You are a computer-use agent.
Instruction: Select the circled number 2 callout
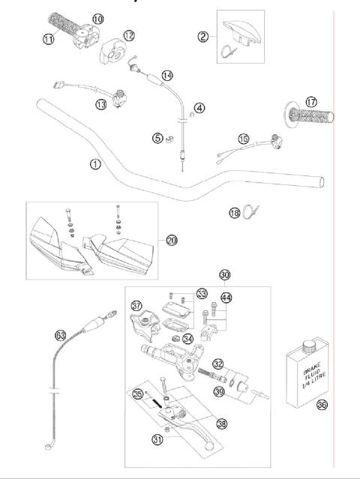point(202,36)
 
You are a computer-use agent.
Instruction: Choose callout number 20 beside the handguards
point(172,240)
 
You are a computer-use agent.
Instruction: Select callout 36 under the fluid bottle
point(322,405)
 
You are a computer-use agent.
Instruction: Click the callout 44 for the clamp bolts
point(226,298)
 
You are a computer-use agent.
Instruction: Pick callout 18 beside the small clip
point(235,214)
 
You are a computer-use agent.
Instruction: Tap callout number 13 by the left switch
point(101,105)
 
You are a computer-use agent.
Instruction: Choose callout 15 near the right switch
point(243,138)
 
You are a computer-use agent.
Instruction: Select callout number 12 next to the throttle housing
point(129,35)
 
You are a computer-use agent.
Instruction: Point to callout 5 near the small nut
point(157,137)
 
